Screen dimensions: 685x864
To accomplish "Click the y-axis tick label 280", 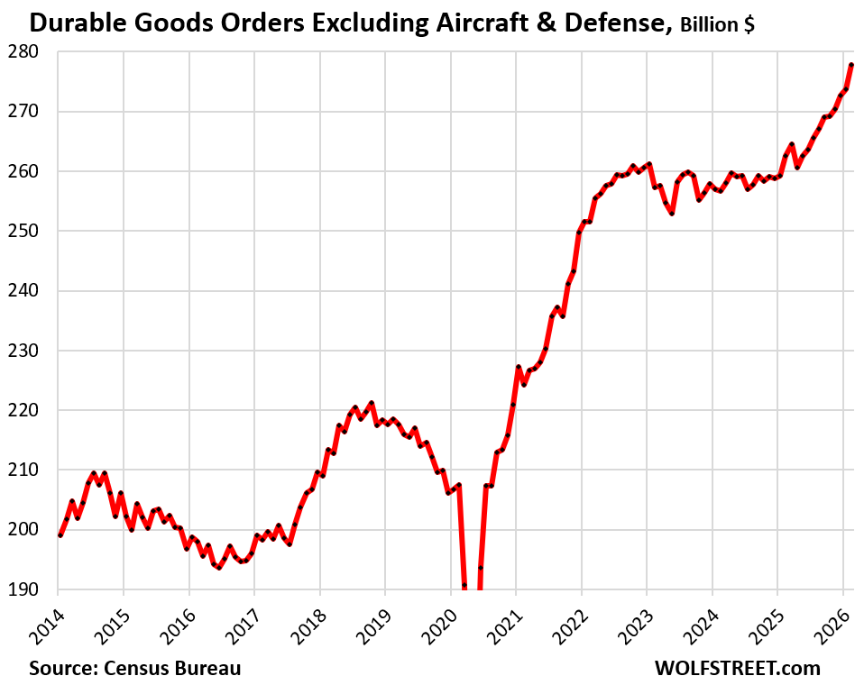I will pyautogui.click(x=22, y=52).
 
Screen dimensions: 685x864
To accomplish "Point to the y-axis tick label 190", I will pyautogui.click(x=22, y=589).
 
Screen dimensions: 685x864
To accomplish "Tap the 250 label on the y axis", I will pyautogui.click(x=22, y=231).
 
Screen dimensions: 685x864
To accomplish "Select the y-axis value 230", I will pyautogui.click(x=22, y=350).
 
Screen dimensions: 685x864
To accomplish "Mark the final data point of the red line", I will pyautogui.click(x=852, y=65).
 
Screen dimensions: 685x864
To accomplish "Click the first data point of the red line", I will pyautogui.click(x=60, y=535).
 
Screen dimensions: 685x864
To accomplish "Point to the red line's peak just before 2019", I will pyautogui.click(x=371, y=403).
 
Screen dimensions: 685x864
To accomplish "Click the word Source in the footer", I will pyautogui.click(x=61, y=668).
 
